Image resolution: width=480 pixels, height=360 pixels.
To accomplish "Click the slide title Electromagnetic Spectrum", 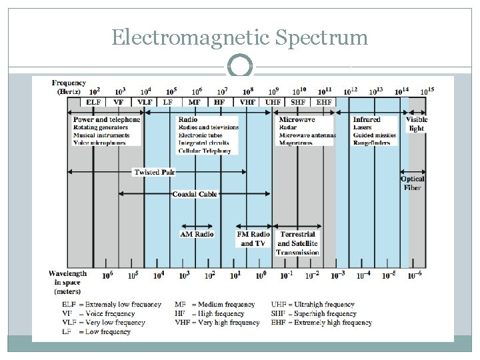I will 239,37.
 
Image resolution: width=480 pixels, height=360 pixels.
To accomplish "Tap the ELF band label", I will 94,102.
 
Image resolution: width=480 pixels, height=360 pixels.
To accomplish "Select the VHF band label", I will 247,102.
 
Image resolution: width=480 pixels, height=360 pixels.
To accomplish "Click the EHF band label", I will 324,102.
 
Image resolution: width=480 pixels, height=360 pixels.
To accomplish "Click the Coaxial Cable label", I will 195,194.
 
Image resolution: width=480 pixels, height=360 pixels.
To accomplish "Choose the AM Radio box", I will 197,235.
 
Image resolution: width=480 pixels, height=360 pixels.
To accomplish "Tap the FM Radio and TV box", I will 253,239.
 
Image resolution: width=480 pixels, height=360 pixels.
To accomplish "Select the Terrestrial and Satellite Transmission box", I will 297,243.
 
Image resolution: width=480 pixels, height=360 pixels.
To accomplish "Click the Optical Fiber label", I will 413,183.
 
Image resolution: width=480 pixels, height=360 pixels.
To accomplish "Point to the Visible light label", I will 416,124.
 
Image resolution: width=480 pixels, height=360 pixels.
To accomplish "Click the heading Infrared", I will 367,119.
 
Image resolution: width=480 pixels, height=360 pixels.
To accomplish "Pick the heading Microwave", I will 297,119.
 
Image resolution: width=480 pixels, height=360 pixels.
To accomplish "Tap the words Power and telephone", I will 107,119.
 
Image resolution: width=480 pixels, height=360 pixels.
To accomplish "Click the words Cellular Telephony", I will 205,151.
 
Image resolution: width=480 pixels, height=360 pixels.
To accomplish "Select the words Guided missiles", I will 375,135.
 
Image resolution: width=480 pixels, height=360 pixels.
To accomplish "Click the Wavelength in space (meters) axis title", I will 67,282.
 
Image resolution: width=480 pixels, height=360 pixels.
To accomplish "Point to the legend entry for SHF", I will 313,313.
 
